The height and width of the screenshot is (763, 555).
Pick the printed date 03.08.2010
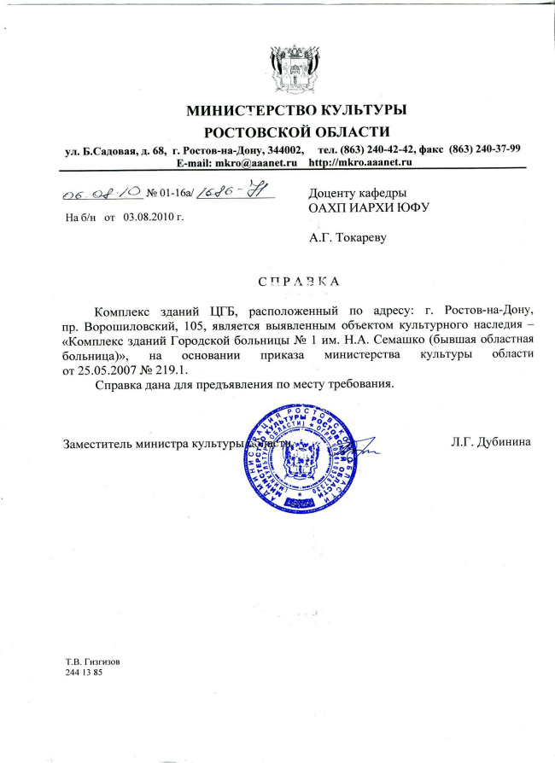click(x=154, y=217)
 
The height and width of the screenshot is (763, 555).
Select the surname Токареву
click(x=360, y=237)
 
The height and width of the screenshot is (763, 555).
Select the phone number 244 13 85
click(x=84, y=673)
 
